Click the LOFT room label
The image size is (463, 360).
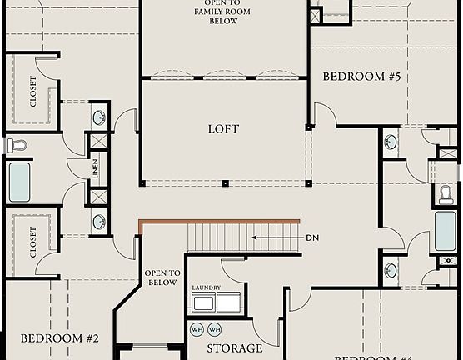click(x=222, y=129)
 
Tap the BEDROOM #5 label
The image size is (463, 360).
click(x=362, y=77)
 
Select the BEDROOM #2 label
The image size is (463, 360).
click(x=60, y=338)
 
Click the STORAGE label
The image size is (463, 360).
click(x=234, y=348)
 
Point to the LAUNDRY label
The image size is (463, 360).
click(x=206, y=287)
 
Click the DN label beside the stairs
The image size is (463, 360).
click(x=312, y=238)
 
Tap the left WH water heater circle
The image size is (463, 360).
click(x=197, y=328)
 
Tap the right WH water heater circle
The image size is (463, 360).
click(x=214, y=328)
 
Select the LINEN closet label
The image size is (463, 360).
click(x=97, y=169)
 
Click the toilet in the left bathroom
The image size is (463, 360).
click(x=17, y=146)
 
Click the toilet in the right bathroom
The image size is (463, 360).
click(x=446, y=194)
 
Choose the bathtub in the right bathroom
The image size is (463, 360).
click(x=446, y=232)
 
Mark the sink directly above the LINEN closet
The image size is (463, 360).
click(x=98, y=117)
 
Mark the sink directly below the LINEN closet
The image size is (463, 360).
click(x=98, y=221)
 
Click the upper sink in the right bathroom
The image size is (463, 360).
click(x=391, y=142)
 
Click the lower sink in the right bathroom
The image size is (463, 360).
click(x=391, y=270)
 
